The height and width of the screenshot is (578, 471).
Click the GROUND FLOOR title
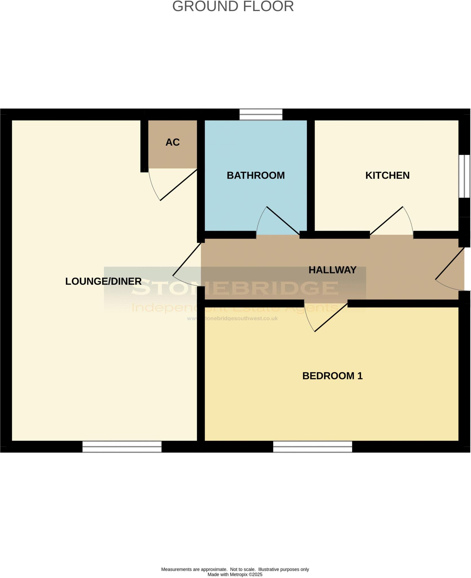coord(233,6)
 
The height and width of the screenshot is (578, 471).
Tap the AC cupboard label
coord(173,142)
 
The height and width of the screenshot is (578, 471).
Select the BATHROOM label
coord(256,175)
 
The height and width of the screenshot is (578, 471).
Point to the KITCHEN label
coord(387,175)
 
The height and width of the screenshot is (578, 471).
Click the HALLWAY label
coord(332,270)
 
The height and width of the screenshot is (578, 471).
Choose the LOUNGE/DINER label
coord(103,281)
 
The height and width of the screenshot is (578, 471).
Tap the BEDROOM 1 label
coord(332,376)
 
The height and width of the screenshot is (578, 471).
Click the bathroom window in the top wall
coord(261,115)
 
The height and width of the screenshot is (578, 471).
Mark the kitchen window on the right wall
coord(464,176)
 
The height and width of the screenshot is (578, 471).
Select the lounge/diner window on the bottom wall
coord(122,446)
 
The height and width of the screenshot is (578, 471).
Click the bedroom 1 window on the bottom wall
coord(312,446)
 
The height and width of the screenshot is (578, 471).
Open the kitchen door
coord(387,220)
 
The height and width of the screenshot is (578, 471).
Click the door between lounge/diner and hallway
coord(187,260)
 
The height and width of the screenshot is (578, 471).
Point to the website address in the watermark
coord(233,318)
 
